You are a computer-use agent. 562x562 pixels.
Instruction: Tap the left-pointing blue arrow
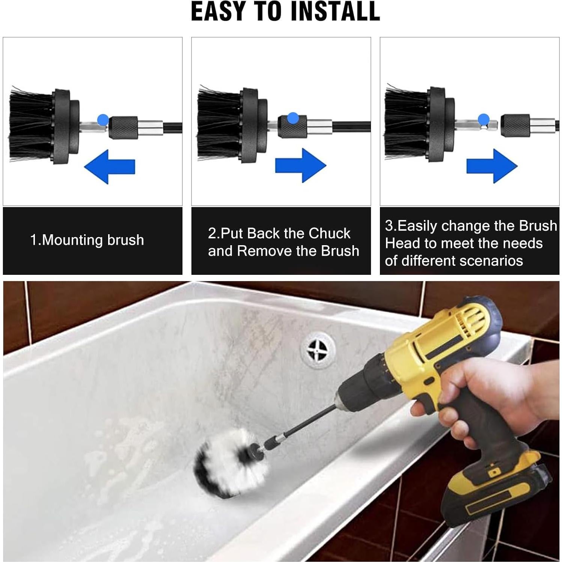point(109,167)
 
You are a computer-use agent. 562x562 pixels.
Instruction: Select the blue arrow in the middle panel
point(300,165)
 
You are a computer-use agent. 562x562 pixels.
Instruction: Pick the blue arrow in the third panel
point(492,166)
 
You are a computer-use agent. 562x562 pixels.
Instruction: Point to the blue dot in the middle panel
point(293,118)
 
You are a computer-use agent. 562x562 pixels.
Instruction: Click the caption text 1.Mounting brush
point(87,240)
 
